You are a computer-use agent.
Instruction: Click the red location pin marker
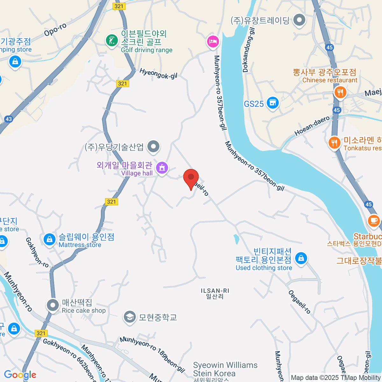click(191, 178)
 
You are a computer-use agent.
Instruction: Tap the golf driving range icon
click(112, 41)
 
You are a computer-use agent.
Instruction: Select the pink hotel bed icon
click(213, 41)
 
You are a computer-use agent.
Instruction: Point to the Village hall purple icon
click(162, 167)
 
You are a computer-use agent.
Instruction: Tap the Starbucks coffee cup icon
click(374, 221)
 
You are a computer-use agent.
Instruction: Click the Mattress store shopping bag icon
click(50, 239)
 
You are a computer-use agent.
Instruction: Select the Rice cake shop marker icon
click(53, 305)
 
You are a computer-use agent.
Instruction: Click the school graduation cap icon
click(130, 317)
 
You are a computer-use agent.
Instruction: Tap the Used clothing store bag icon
click(301, 258)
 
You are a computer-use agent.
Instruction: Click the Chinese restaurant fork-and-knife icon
click(340, 92)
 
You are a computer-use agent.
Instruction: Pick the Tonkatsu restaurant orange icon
click(334, 143)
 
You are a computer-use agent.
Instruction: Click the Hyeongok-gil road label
click(158, 74)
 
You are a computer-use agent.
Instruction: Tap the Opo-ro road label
click(55, 30)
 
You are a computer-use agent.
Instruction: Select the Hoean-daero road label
click(312, 126)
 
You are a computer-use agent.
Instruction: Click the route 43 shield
click(9, 119)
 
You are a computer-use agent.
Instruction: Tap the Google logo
click(20, 375)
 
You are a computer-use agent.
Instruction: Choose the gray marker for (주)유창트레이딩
click(299, 20)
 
